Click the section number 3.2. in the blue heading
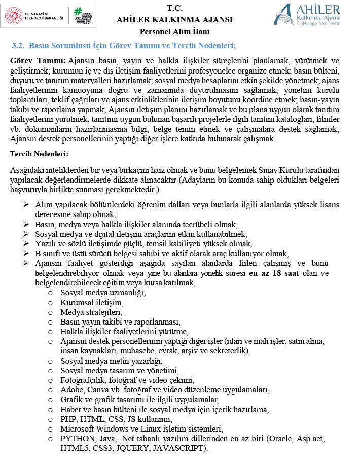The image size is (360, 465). tap(18, 46)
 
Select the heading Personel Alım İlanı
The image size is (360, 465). tap(174, 32)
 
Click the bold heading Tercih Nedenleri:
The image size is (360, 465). tap(40, 154)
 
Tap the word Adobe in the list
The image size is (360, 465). tap(71, 390)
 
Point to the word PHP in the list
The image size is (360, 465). tap(68, 419)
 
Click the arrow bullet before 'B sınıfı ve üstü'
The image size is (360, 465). tap(26, 253)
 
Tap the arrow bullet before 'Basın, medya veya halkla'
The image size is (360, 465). tap(26, 224)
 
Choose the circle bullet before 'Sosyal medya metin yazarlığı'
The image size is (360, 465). tap(50, 361)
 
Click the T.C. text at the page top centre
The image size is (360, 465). tap(174, 8)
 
